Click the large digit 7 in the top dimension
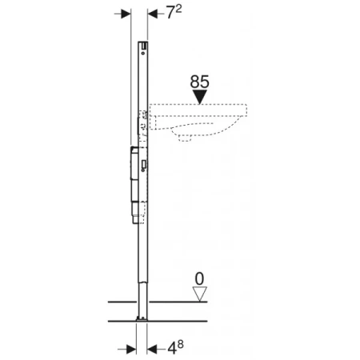click(x=170, y=13)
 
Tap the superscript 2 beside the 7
click(x=178, y=9)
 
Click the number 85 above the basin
click(x=199, y=82)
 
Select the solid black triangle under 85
click(x=200, y=97)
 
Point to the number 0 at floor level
click(x=199, y=279)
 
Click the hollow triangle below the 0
click(x=200, y=294)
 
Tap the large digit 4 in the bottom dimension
click(x=172, y=348)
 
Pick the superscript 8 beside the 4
click(x=181, y=344)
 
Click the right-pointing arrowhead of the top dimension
click(x=126, y=14)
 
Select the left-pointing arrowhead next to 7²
click(x=153, y=14)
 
